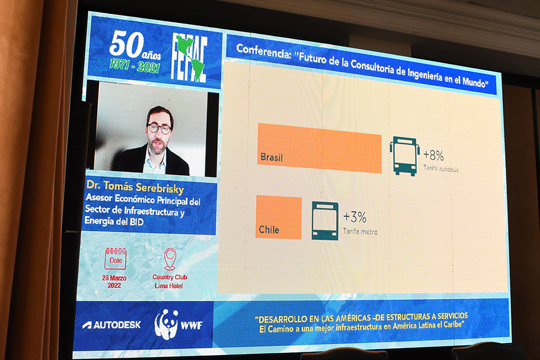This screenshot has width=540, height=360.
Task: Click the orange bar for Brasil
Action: click(320, 148)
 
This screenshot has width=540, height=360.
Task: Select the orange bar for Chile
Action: click(278, 217)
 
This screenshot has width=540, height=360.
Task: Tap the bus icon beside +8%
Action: click(404, 156)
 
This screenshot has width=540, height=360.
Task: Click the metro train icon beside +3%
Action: click(325, 221)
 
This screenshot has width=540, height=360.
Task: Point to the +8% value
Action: click(434, 155)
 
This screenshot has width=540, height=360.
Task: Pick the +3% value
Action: click(355, 217)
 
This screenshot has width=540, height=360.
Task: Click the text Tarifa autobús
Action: click(441, 169)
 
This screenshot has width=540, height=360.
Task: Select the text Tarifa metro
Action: click(360, 232)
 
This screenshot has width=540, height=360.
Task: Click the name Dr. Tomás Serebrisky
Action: click(135, 187)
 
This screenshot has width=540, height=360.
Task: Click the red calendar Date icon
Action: click(115, 259)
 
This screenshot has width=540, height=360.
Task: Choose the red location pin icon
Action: click(170, 259)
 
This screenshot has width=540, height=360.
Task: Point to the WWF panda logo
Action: click(166, 324)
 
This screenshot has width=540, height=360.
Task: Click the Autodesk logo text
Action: click(112, 325)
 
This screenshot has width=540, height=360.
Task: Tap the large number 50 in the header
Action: click(127, 44)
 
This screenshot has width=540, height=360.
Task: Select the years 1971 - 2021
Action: click(134, 65)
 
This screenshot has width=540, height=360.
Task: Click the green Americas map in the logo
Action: click(190, 57)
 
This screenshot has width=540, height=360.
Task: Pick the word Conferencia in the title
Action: click(263, 52)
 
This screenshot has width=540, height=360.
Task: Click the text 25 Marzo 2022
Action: click(115, 281)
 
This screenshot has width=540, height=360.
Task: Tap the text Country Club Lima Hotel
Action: click(169, 281)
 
